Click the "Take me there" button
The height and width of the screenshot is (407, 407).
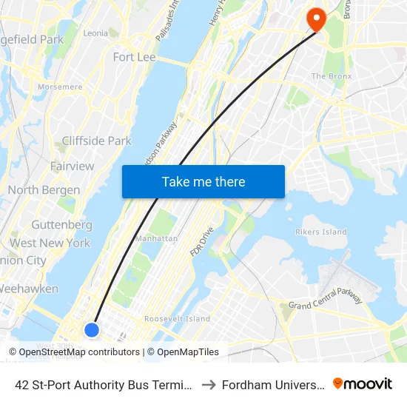coord(203,181)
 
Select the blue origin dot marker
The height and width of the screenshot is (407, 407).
coord(92,329)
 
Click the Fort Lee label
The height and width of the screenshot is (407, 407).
coord(134,57)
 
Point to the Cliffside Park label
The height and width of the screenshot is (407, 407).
coord(96,141)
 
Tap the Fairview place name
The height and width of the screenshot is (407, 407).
coord(72,166)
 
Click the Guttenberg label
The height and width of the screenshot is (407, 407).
coord(61,224)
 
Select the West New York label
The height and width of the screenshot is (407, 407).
coord(50,243)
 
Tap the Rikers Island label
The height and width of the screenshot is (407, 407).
coord(322,232)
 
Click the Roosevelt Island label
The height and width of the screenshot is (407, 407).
coord(177,319)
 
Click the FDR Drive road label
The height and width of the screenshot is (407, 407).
coord(201,241)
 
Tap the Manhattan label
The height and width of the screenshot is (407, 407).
coord(156,239)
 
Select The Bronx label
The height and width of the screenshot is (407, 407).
coord(329,76)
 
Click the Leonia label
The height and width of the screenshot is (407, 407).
coord(95,33)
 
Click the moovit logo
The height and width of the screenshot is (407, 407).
coord(363,383)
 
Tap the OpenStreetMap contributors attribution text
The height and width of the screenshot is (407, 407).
coord(79,352)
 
